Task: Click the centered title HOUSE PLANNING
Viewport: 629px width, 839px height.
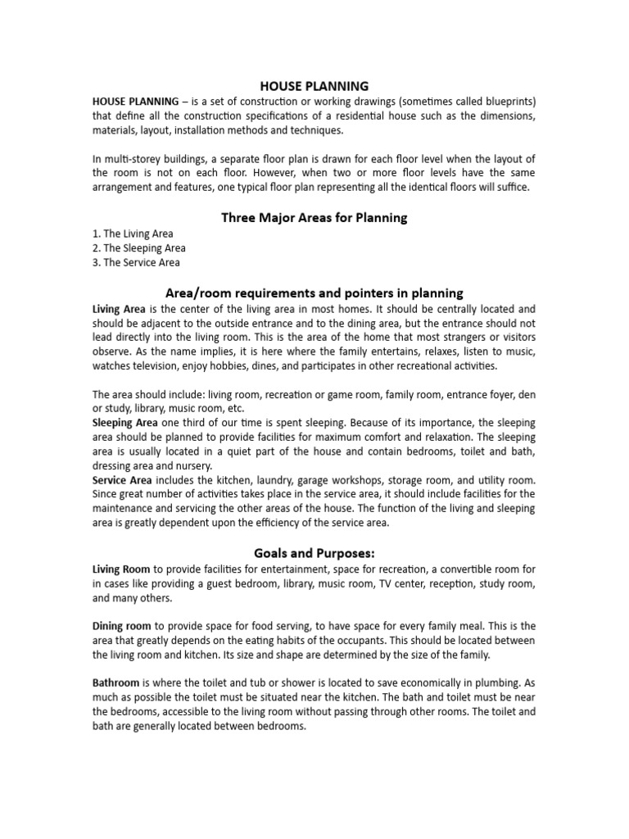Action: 314,85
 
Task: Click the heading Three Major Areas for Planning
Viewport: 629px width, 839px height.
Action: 314,218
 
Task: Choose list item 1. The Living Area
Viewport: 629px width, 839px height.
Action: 132,234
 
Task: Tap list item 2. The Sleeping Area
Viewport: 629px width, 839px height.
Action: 138,248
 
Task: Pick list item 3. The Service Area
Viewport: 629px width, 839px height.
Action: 136,263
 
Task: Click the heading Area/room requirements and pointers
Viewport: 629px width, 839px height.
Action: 314,293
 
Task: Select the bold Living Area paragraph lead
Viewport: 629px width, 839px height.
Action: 120,309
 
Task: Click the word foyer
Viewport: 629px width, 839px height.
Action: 496,394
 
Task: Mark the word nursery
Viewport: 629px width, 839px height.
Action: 195,465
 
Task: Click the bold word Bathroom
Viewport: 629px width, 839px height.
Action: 116,683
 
